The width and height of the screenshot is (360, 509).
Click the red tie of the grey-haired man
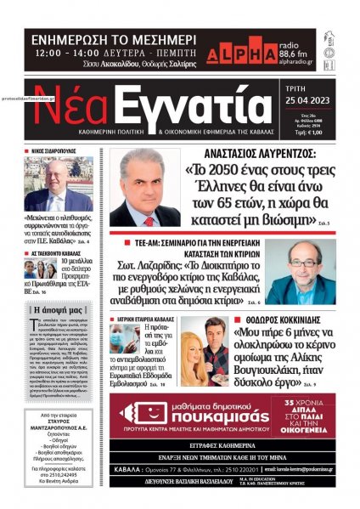[143, 213]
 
